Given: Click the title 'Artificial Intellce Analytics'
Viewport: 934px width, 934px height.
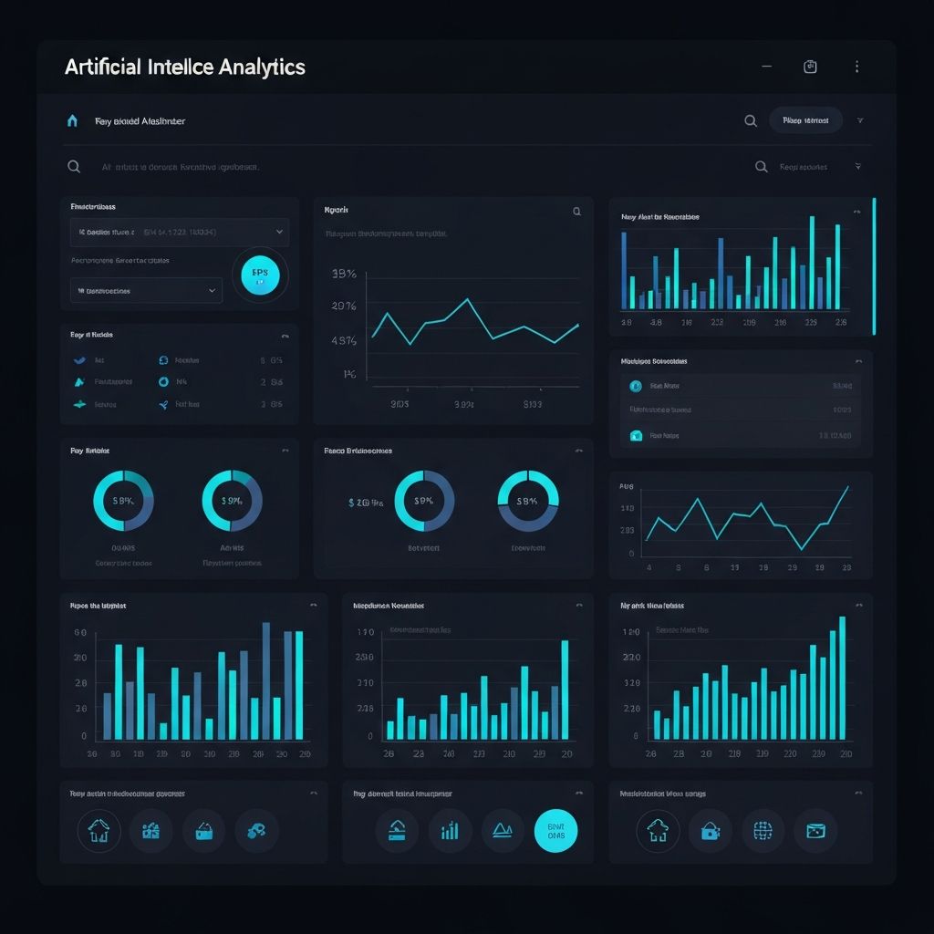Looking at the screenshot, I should [185, 67].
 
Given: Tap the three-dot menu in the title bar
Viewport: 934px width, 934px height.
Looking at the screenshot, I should [856, 67].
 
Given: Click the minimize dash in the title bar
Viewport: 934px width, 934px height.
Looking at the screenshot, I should [766, 67].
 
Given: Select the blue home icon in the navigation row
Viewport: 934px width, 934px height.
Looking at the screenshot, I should [72, 120].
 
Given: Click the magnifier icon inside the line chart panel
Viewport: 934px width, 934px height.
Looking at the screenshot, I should [576, 212].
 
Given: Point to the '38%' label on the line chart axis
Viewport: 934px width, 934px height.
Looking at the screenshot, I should [344, 274].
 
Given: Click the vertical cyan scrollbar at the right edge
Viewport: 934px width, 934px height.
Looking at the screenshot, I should [874, 265].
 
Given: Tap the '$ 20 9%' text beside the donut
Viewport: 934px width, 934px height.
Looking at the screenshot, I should [366, 502].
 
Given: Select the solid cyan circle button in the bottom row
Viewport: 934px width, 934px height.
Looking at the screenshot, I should [555, 830].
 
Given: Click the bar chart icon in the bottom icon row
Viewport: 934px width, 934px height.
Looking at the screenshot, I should [450, 830].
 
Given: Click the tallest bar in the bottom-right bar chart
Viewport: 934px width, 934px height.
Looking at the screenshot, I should [842, 678].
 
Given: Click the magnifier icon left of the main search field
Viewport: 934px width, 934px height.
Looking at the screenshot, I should [74, 167].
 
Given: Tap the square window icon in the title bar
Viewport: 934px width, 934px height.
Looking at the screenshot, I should [810, 67].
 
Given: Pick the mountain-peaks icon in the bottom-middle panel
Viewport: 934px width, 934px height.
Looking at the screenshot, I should [503, 830].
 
